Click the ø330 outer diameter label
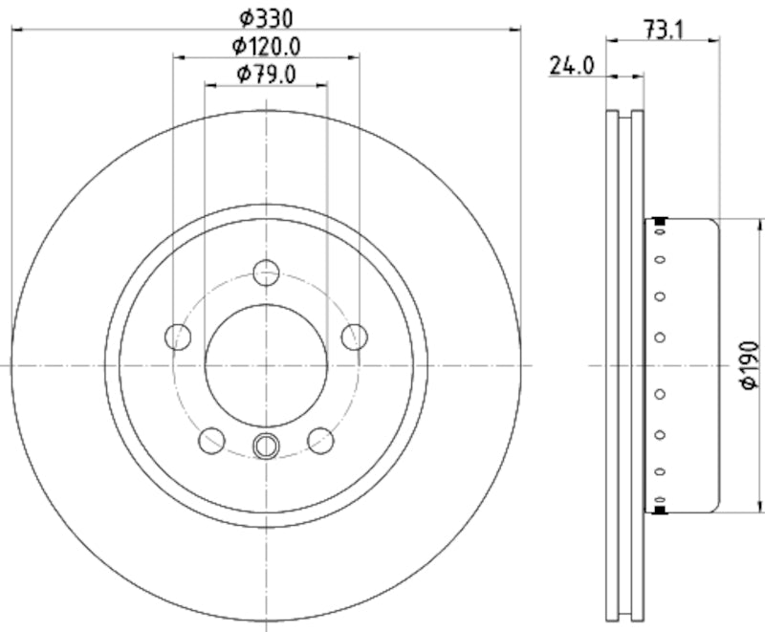click(267, 17)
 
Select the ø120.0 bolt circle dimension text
click(267, 45)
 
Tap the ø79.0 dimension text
click(267, 74)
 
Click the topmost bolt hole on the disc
click(267, 272)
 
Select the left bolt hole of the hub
click(178, 337)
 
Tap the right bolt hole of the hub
click(355, 337)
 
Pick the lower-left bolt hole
click(211, 440)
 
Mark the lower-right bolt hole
click(321, 440)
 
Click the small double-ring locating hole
click(267, 445)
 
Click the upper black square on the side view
click(660, 223)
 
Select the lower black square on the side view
click(660, 509)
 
